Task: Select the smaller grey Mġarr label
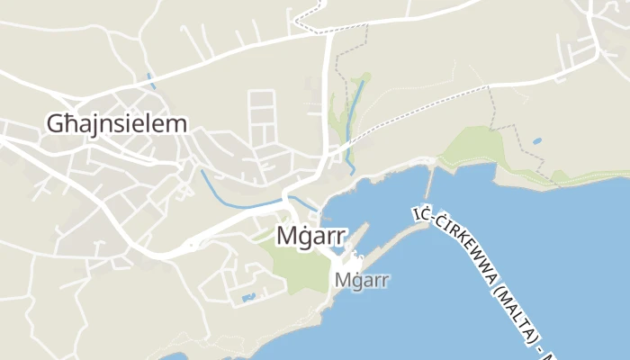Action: (x=361, y=280)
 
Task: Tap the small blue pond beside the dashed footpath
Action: (x=537, y=141)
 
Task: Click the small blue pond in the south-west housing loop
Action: (x=249, y=296)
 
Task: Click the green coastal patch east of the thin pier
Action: (x=477, y=148)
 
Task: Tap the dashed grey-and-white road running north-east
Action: (x=423, y=112)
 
